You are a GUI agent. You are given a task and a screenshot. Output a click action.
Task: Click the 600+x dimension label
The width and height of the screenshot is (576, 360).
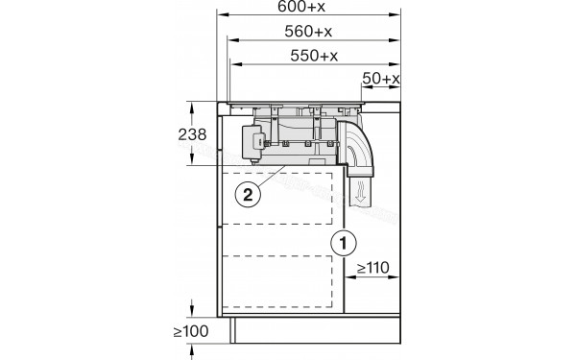301,7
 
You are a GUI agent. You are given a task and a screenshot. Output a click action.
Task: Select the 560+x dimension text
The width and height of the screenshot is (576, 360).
308,32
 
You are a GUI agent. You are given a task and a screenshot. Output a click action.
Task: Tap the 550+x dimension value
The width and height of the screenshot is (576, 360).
314,56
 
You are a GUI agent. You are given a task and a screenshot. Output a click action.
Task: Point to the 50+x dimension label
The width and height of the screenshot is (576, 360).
381,79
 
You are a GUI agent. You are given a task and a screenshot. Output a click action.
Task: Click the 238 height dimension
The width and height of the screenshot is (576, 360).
192,134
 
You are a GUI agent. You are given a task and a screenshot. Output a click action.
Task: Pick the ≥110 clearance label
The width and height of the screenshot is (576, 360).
372,268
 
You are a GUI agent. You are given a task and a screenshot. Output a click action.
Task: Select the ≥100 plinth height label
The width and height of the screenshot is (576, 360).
191,331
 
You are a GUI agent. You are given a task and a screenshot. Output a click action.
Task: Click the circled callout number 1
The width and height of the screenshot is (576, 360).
344,243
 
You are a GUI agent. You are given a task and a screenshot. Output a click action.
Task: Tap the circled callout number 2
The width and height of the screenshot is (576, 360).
248,195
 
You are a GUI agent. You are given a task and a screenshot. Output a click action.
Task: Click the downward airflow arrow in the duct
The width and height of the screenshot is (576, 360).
361,192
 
